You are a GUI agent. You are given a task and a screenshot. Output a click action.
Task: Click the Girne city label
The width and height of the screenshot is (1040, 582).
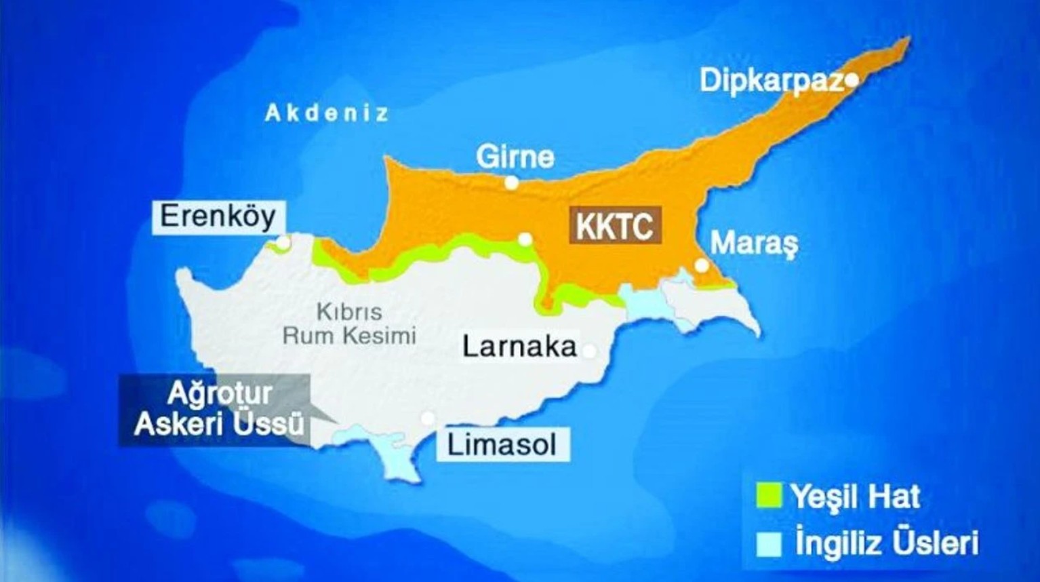(x=515, y=157)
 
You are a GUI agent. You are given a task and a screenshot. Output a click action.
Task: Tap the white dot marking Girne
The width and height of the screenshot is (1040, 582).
(x=512, y=182)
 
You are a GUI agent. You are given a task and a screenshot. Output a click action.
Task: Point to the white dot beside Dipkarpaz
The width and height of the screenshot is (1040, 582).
(x=852, y=81)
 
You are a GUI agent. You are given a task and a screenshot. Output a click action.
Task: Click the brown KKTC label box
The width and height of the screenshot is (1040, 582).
(x=616, y=225)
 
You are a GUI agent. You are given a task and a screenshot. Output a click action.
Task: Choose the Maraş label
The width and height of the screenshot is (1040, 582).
(x=754, y=243)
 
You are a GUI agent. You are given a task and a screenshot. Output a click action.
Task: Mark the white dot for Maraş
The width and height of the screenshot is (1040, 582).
(x=702, y=265)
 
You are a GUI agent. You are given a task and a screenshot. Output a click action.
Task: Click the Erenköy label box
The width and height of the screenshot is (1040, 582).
(x=218, y=217)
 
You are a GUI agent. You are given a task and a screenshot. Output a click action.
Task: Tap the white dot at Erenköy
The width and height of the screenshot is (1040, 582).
(x=283, y=242)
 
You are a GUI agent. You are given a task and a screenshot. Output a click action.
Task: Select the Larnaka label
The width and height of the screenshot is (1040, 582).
(x=519, y=347)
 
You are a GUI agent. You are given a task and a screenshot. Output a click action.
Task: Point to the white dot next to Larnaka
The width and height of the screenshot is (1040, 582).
(x=589, y=351)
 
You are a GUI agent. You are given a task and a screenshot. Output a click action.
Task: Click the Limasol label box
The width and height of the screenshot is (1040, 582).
(x=502, y=445)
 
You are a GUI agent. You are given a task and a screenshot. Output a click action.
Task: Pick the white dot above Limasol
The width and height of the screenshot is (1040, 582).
(x=427, y=418)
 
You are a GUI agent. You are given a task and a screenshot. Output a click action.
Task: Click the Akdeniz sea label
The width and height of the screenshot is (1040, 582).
(x=327, y=113)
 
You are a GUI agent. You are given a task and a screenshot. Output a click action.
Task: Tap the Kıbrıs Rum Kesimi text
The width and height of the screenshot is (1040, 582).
(x=349, y=324)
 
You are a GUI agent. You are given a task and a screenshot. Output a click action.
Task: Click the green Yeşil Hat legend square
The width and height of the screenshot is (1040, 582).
(x=769, y=495)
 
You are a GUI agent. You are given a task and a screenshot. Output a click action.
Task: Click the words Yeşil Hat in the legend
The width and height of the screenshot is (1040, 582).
(x=856, y=497)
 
